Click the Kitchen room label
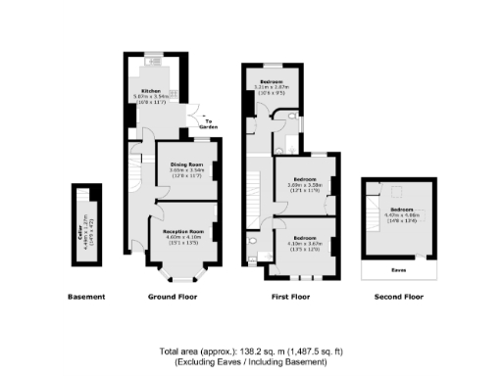point(150,90)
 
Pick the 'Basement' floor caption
point(85,296)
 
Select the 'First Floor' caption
point(288,296)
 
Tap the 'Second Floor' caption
point(399,296)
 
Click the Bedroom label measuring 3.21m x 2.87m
point(272,80)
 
